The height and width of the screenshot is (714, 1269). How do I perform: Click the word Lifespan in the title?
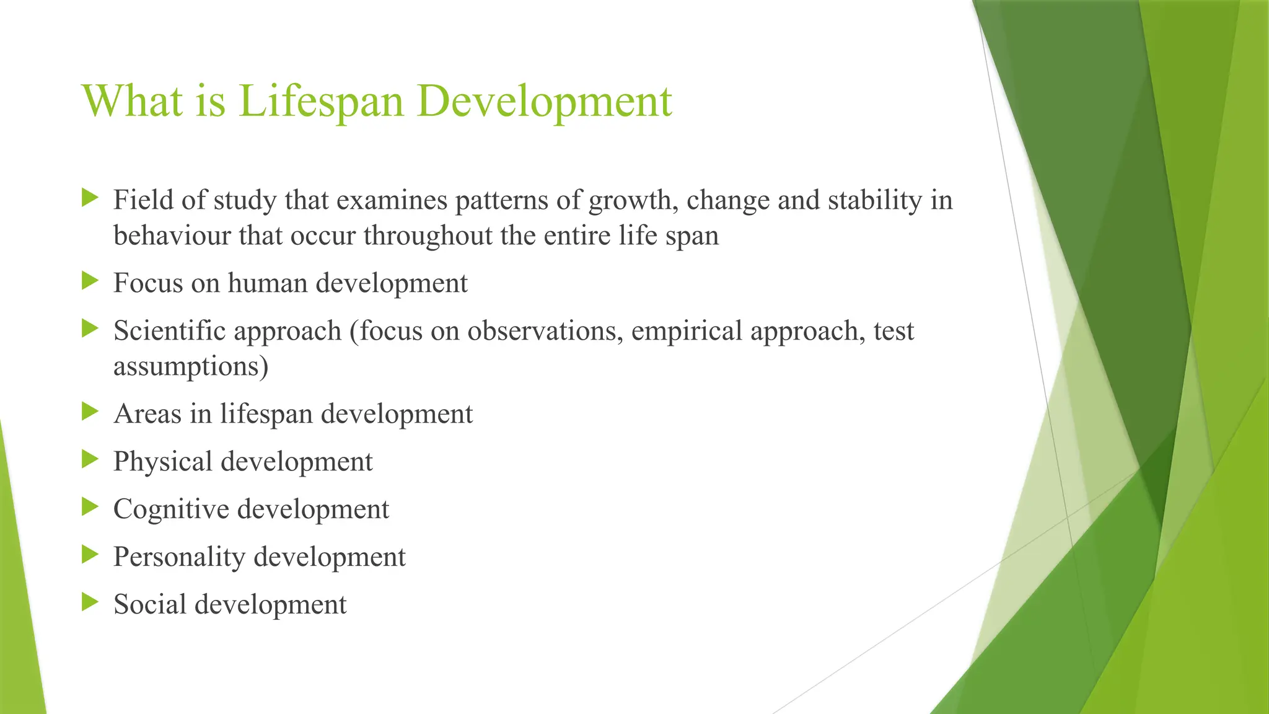pos(320,100)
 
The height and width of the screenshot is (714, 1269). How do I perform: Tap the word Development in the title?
pos(544,100)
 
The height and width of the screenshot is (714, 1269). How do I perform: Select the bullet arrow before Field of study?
pos(90,199)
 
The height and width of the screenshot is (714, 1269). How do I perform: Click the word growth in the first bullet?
pos(631,201)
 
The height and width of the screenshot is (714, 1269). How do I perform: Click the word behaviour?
pos(172,236)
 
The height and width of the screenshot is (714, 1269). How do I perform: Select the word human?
pos(268,283)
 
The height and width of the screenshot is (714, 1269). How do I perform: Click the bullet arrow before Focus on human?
pos(90,281)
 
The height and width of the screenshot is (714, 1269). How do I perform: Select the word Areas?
pos(147,414)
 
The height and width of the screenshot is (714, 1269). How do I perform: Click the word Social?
pos(149,604)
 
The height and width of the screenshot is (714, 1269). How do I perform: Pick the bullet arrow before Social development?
pos(90,602)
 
